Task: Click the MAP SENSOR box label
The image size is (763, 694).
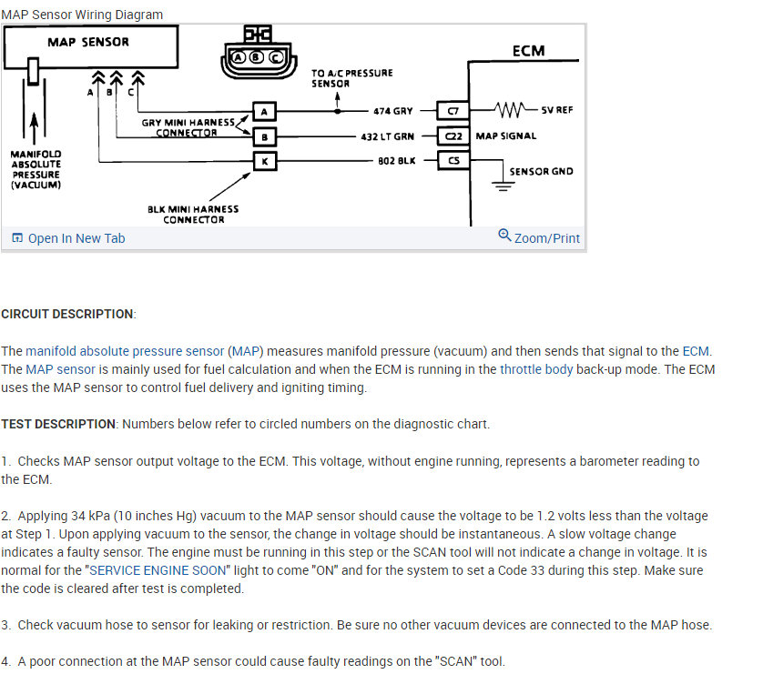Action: click(x=87, y=42)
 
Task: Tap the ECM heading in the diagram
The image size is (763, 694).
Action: click(x=528, y=51)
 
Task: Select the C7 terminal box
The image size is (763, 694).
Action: click(x=453, y=111)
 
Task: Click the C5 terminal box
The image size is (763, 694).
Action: click(x=453, y=161)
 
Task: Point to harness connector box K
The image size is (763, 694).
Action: click(x=263, y=161)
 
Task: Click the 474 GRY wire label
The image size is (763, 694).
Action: click(x=392, y=111)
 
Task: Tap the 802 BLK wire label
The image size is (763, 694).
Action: click(x=395, y=161)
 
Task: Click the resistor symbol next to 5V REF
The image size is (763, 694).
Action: click(x=512, y=110)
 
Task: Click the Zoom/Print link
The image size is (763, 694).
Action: click(x=539, y=237)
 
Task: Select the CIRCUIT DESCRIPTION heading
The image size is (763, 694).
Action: click(x=67, y=314)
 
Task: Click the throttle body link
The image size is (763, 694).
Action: click(x=536, y=369)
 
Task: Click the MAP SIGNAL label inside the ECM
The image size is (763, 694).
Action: click(x=506, y=136)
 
